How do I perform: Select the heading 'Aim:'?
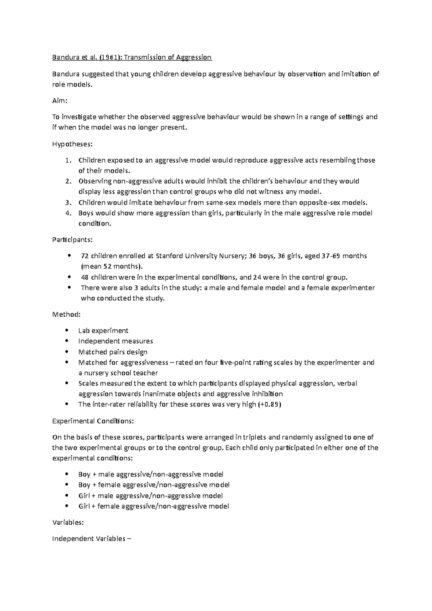click(60, 101)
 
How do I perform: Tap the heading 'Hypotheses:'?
click(72, 144)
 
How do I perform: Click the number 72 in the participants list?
click(85, 256)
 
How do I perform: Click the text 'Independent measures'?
click(116, 341)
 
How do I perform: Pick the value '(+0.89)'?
click(270, 404)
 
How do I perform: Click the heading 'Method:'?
click(66, 314)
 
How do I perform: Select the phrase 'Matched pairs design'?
click(113, 352)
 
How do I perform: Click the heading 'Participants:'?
click(72, 239)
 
